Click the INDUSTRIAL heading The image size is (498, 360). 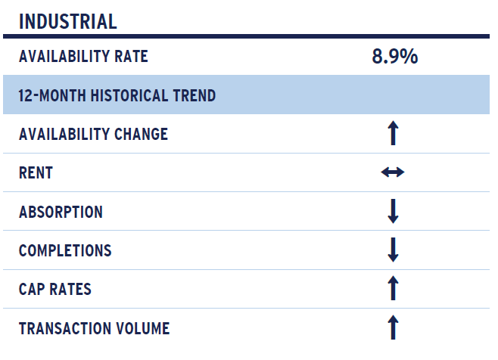68,22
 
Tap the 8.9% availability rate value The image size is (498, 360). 395,57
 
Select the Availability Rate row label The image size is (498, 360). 83,56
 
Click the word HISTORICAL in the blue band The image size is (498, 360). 129,95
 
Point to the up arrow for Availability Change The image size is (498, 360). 394,133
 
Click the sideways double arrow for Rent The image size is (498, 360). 393,172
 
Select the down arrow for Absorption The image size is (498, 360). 394,211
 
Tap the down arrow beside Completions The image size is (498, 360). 394,250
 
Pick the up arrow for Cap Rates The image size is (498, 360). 394,288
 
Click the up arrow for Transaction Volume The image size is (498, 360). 394,327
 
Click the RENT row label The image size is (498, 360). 36,173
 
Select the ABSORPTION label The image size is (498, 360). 61,212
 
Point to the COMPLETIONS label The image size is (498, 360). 65,250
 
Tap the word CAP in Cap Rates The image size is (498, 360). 32,289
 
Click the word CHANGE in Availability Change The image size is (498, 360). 141,134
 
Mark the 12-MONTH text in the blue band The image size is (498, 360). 52,95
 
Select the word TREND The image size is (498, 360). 195,95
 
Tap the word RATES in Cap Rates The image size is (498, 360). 70,289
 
